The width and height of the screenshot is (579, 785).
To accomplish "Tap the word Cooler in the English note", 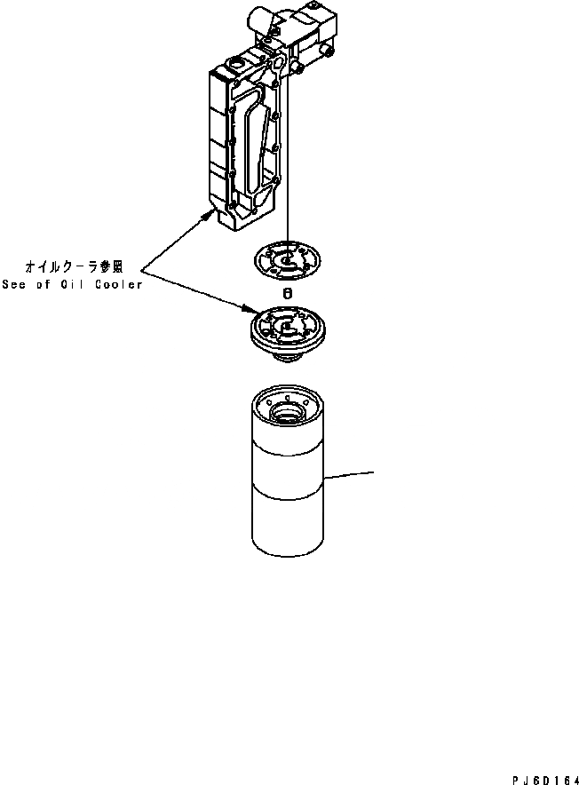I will coord(120,284).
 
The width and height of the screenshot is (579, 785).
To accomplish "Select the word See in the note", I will coord(14,284).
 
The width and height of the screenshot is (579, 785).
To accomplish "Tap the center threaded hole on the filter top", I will coord(287,412).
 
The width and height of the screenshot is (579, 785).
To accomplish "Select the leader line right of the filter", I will coord(351,473).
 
